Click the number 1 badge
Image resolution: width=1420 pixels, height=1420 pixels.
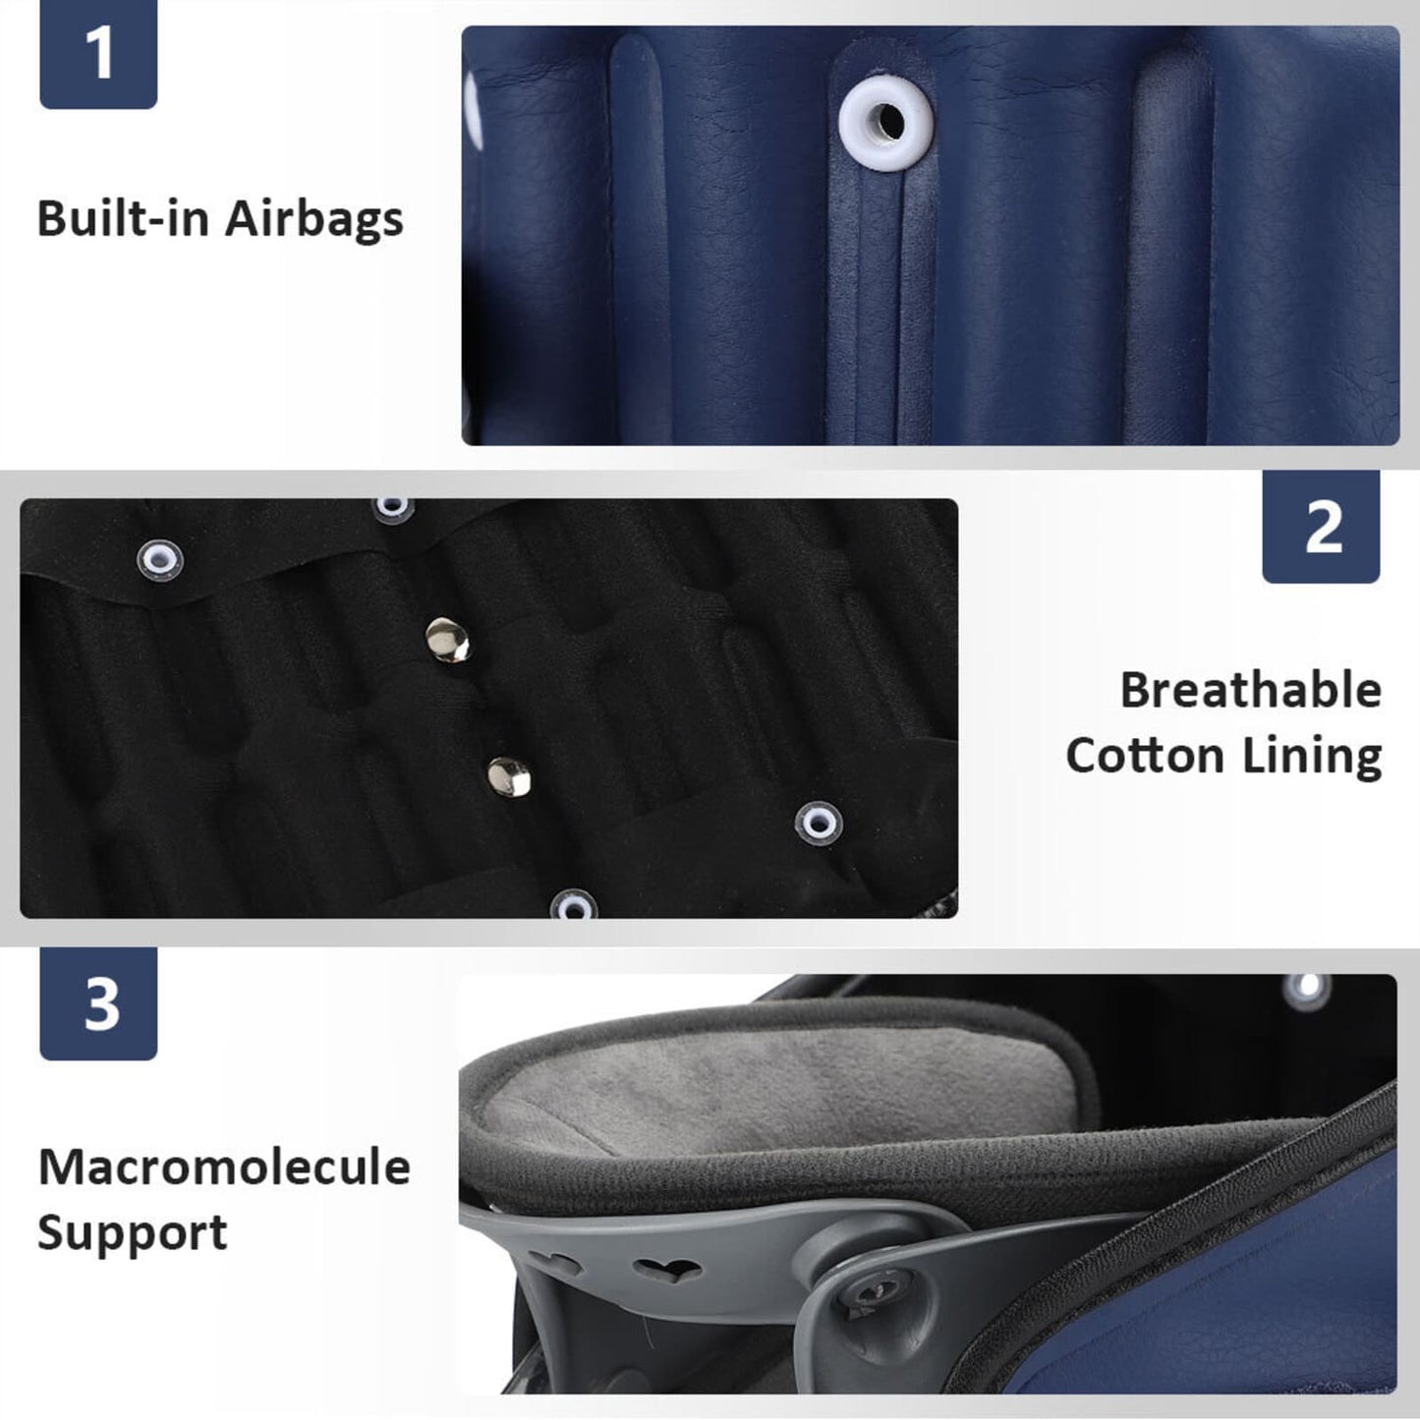pyautogui.click(x=98, y=54)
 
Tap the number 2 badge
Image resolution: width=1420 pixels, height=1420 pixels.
pyautogui.click(x=1322, y=526)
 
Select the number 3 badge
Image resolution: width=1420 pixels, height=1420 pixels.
pyautogui.click(x=98, y=1004)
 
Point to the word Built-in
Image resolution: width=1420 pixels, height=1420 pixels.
pyautogui.click(x=123, y=218)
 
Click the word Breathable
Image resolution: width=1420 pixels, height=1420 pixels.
pyautogui.click(x=1251, y=690)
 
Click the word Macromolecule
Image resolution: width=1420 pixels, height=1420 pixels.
pyautogui.click(x=224, y=1166)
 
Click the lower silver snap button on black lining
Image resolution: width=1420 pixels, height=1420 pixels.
pyautogui.click(x=509, y=776)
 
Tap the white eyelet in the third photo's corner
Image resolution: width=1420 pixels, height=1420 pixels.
pyautogui.click(x=1307, y=988)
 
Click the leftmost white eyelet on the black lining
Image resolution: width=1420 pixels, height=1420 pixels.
pyautogui.click(x=160, y=560)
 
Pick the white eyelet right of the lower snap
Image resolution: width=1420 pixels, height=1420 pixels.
pyautogui.click(x=820, y=822)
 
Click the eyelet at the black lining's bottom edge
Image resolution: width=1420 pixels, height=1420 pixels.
pyautogui.click(x=574, y=906)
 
